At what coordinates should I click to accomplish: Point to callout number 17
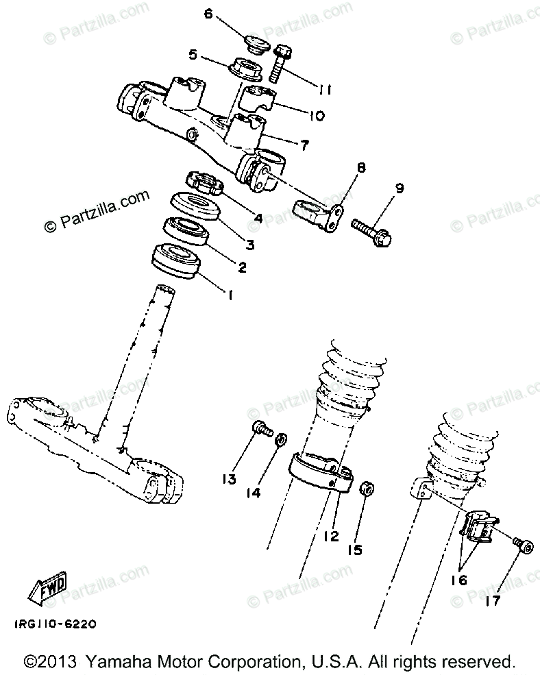[x=493, y=600]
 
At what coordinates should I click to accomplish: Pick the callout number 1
[x=231, y=296]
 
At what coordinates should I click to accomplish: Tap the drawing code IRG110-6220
[x=53, y=625]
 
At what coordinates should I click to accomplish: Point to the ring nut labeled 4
[x=204, y=184]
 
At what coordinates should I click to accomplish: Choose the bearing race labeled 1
[x=177, y=262]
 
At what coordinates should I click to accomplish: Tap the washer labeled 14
[x=280, y=439]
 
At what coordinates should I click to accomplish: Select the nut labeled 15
[x=365, y=487]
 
